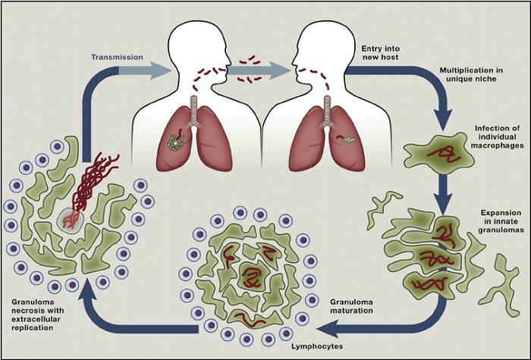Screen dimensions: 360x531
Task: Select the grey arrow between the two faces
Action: click(260, 70)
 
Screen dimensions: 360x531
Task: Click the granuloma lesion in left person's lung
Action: click(181, 140)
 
